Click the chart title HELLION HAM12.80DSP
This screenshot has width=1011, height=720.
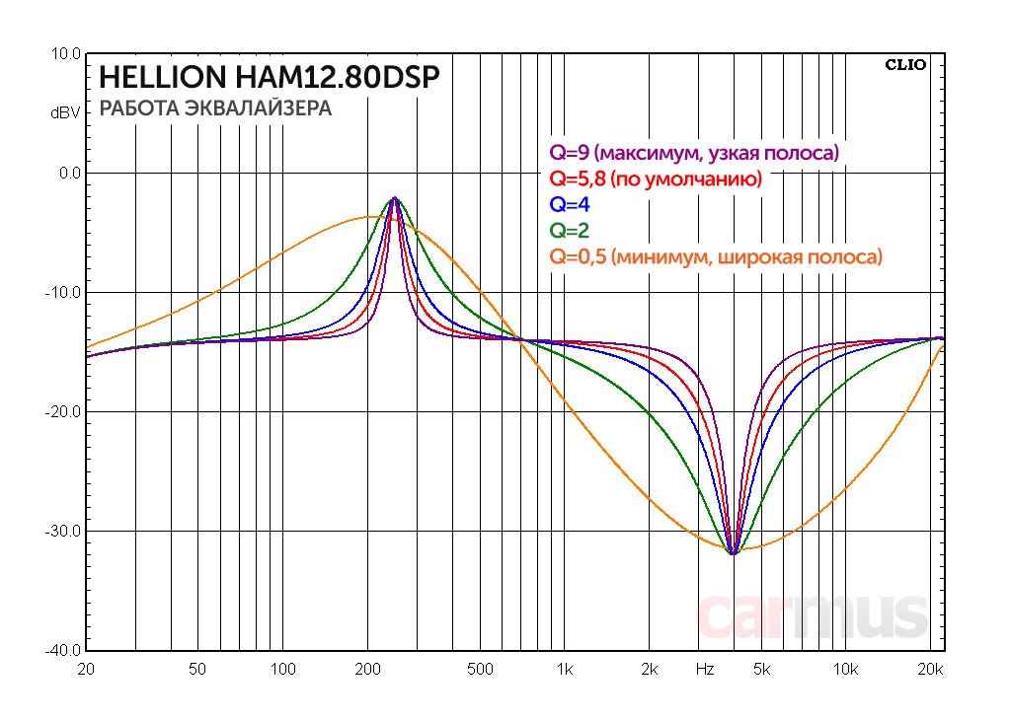[x=269, y=78]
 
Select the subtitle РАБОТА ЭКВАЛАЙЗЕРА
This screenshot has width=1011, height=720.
[x=215, y=108]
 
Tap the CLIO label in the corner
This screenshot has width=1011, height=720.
[x=904, y=65]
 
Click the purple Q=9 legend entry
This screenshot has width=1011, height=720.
[x=694, y=153]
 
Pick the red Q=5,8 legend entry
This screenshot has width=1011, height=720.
[x=655, y=180]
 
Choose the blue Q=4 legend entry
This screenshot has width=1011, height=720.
[x=571, y=205]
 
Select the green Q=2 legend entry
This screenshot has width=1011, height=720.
[x=571, y=231]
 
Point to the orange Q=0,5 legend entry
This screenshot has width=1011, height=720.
[x=715, y=256]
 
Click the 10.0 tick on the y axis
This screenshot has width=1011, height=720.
[x=67, y=54]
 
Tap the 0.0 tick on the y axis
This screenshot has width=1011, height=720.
[x=70, y=174]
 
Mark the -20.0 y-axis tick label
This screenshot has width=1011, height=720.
[x=65, y=412]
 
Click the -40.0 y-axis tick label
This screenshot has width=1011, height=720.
[x=65, y=651]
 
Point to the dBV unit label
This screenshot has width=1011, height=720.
[x=65, y=113]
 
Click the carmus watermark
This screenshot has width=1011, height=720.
[x=813, y=615]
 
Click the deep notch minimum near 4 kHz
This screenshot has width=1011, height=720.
[x=733, y=553]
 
